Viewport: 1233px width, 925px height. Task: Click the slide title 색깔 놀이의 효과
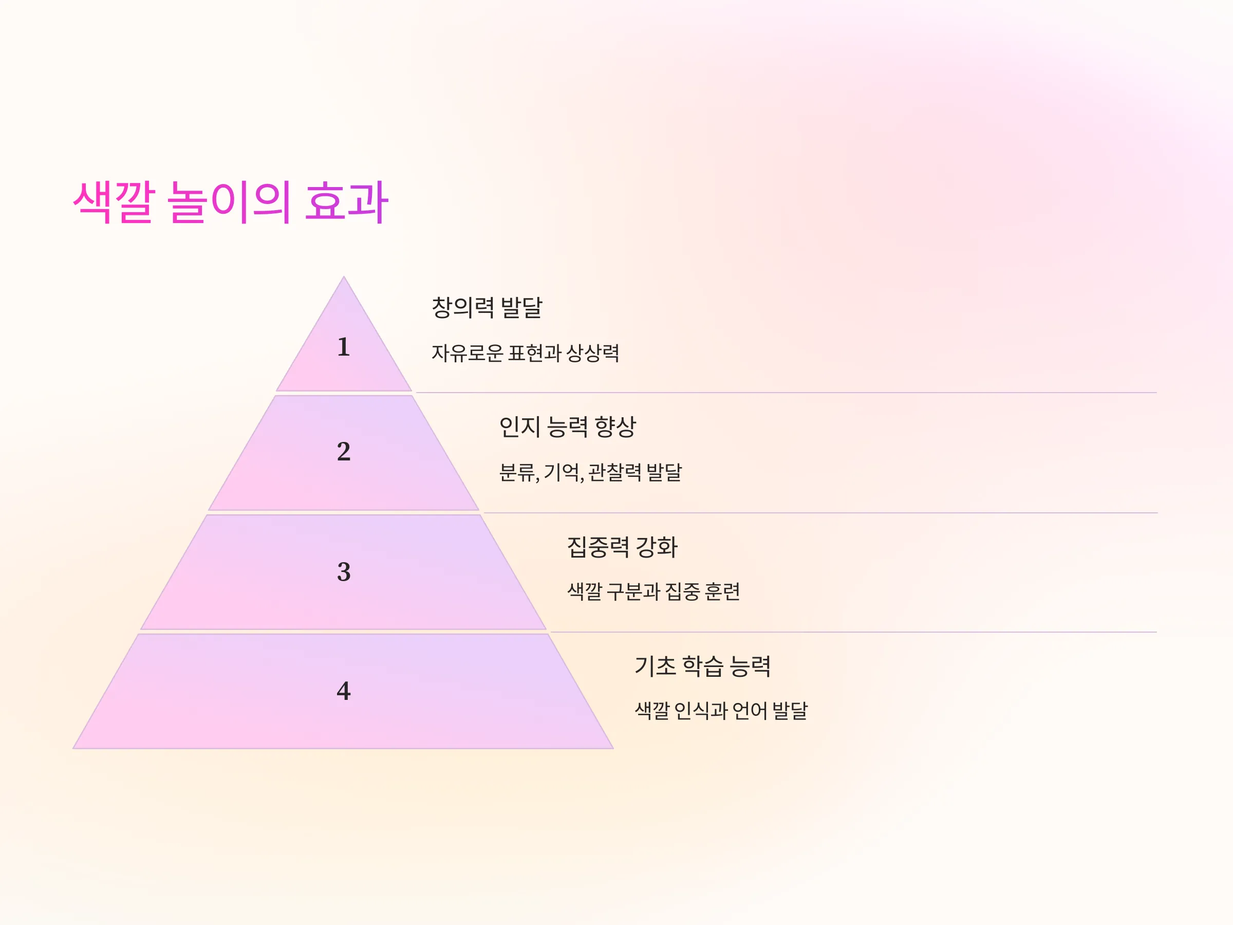tap(230, 202)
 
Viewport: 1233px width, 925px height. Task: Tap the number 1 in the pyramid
tap(343, 347)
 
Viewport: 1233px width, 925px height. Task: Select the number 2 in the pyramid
tap(343, 451)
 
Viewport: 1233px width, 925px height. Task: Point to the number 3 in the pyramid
tap(343, 571)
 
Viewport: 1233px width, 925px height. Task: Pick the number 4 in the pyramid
tap(343, 691)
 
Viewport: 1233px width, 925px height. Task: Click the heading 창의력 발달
tap(487, 307)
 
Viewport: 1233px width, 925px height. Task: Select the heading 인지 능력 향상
tap(568, 427)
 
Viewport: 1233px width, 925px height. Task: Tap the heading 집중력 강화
tap(622, 547)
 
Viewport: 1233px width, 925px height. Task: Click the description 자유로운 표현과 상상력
tap(525, 353)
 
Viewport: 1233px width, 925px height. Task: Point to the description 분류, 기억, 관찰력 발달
tap(590, 472)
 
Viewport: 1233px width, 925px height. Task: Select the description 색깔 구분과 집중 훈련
tap(653, 591)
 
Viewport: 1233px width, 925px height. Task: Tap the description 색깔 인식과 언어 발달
tap(721, 711)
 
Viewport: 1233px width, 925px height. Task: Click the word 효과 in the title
tap(347, 202)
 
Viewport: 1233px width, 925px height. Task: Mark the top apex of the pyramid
tap(344, 276)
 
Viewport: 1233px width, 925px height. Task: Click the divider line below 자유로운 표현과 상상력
tap(786, 393)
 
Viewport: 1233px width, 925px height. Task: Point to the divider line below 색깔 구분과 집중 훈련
tap(853, 632)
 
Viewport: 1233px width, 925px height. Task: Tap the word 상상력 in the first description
tap(592, 353)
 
